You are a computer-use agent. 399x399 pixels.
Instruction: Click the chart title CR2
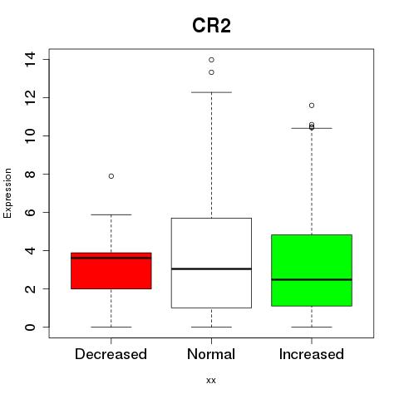tap(211, 26)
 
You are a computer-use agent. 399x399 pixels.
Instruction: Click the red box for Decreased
tap(111, 271)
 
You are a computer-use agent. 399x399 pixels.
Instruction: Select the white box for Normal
tap(211, 263)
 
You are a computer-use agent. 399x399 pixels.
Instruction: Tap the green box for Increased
tap(312, 270)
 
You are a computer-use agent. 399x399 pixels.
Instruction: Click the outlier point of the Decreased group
tap(111, 176)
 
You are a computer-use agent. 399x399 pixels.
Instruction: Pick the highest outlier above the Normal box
tap(211, 60)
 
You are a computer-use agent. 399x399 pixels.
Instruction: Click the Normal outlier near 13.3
tap(211, 72)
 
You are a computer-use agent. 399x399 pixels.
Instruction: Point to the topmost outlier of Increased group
tap(312, 106)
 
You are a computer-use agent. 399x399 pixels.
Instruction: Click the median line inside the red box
tap(111, 258)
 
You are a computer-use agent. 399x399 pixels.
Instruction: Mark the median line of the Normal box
tap(211, 268)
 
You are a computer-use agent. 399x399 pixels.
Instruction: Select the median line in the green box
tap(312, 279)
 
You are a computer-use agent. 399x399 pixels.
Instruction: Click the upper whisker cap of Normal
tap(211, 92)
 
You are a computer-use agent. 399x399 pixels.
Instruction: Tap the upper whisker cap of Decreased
tap(111, 214)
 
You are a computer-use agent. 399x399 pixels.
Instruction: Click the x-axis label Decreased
tap(111, 354)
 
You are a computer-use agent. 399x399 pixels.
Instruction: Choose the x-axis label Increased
tap(312, 354)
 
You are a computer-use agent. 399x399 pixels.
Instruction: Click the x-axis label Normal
tap(211, 354)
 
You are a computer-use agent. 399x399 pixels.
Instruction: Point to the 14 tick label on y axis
tap(30, 60)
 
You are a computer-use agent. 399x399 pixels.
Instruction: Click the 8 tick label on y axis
tap(30, 174)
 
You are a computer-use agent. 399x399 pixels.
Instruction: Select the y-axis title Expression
tap(7, 193)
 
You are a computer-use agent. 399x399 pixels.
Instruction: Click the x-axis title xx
tap(211, 381)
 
